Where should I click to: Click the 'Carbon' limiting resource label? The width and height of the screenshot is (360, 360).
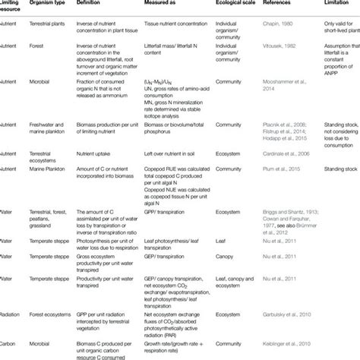coord(10,344)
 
